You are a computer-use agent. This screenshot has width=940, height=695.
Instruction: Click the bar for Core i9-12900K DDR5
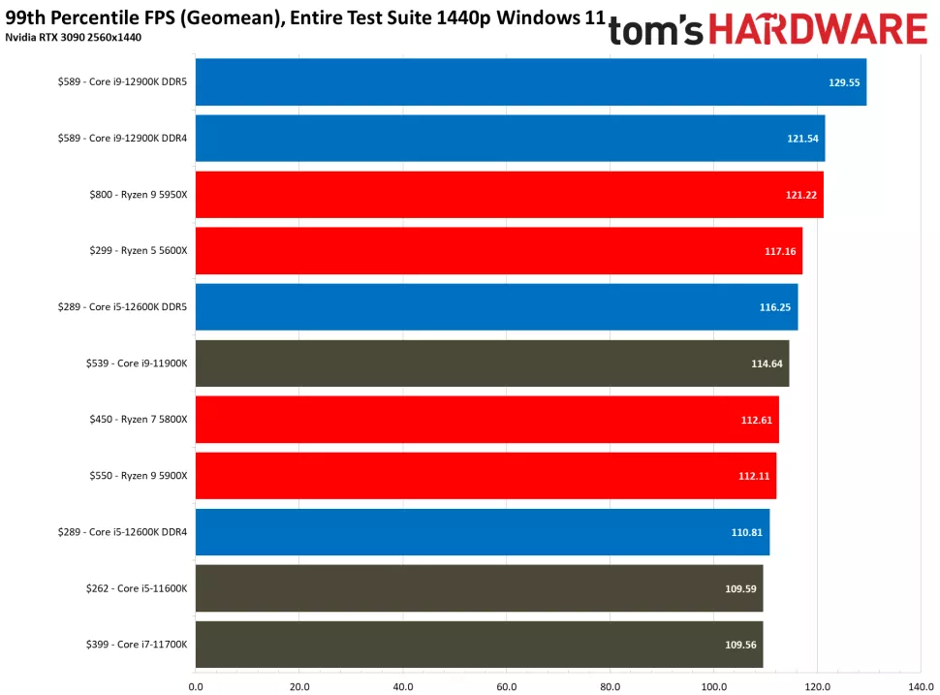[530, 82]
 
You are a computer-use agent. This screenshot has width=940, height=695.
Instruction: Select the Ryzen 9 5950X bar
[509, 195]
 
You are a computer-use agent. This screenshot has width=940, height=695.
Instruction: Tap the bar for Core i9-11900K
[491, 363]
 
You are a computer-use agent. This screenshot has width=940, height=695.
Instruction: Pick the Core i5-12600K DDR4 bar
[482, 532]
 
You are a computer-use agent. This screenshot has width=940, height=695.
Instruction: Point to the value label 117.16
[780, 251]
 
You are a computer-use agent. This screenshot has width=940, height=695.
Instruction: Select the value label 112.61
[757, 420]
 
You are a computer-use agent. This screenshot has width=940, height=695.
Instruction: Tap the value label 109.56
[741, 645]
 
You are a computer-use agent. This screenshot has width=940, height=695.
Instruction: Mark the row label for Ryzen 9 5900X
[136, 476]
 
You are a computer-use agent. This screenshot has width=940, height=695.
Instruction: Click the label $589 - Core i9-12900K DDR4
[122, 139]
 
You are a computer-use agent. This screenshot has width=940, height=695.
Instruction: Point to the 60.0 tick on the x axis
[506, 686]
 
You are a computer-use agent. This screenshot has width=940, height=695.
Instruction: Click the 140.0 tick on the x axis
[921, 686]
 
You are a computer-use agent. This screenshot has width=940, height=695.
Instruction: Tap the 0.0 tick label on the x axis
[196, 686]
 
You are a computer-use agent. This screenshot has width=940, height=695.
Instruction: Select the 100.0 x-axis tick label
[713, 686]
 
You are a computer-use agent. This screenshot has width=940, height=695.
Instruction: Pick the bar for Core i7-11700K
[479, 645]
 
